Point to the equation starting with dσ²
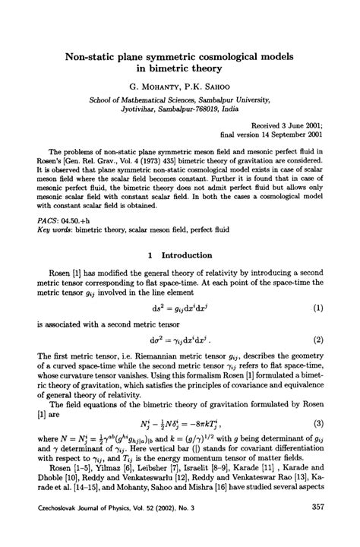pos(182,361)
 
